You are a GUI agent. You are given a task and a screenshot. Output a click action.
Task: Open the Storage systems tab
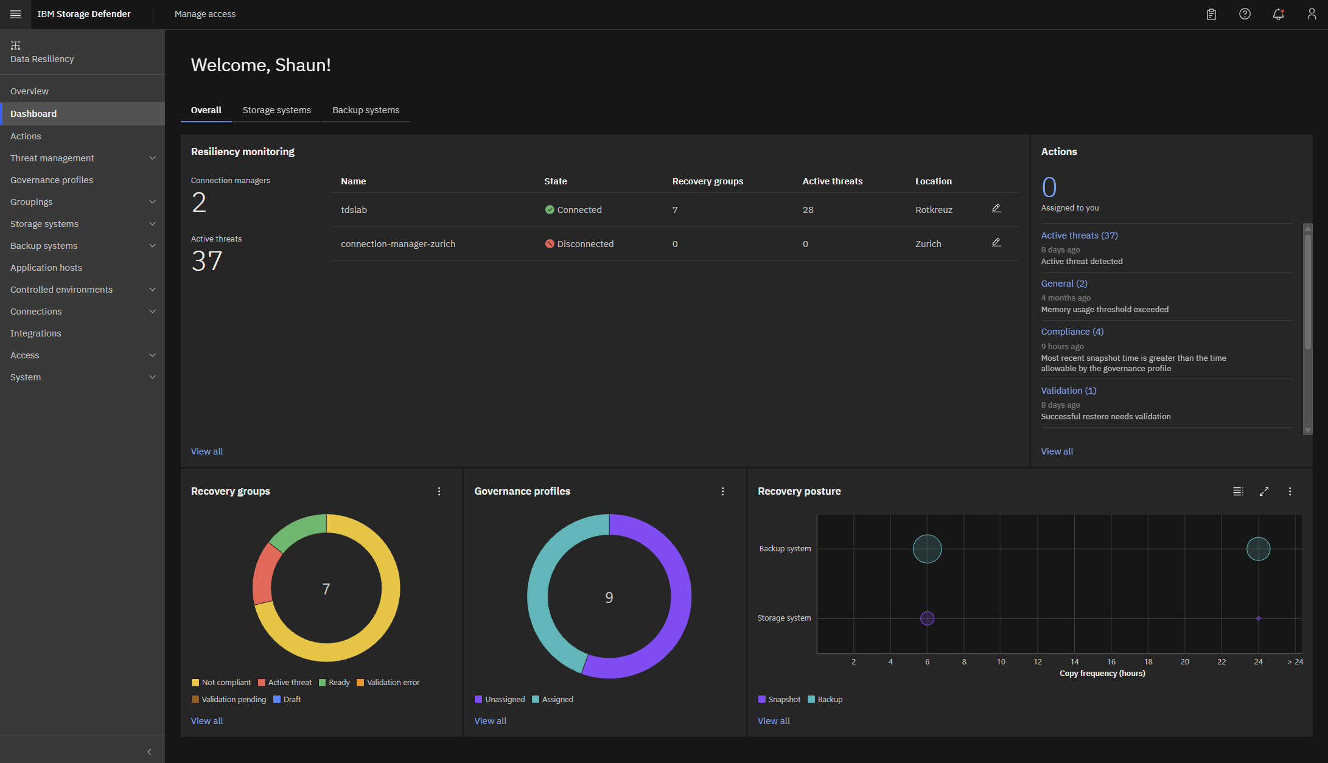[276, 110]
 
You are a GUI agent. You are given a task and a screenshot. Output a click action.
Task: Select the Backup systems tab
[366, 110]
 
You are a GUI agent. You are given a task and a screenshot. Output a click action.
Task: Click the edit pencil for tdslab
[996, 209]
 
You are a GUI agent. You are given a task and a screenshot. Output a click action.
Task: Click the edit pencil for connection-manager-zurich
[996, 243]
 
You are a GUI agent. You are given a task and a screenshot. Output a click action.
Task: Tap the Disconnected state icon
[550, 244]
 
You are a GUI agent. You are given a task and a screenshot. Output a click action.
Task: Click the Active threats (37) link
[1079, 235]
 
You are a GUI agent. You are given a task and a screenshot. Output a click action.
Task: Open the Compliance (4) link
[1072, 332]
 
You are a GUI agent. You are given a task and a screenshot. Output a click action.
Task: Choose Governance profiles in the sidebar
[52, 180]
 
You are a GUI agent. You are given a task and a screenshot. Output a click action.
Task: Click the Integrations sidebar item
[35, 333]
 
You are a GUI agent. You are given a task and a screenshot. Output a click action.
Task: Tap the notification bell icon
[1278, 14]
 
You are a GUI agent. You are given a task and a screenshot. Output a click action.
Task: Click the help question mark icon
[1245, 14]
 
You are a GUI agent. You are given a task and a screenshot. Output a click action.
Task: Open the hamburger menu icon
[16, 14]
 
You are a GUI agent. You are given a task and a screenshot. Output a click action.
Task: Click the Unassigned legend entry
[500, 700]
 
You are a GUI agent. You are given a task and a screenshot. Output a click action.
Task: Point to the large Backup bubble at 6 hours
[927, 549]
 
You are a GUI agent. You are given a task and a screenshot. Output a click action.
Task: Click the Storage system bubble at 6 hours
[927, 618]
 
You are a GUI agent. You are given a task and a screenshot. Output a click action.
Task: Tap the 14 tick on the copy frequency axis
[1075, 662]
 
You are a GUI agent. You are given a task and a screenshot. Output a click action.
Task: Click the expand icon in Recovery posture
[1264, 492]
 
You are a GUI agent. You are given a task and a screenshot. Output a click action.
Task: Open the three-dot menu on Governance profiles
[722, 492]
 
